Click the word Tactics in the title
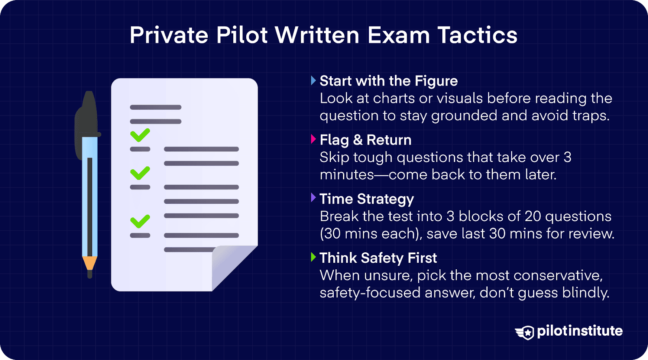click(x=477, y=35)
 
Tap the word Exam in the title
click(x=399, y=35)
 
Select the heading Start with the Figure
click(x=389, y=81)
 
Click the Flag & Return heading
click(x=365, y=140)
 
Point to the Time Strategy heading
click(x=367, y=199)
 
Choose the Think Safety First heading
click(x=378, y=258)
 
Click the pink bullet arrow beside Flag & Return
click(x=313, y=139)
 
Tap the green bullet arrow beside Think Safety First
click(x=313, y=257)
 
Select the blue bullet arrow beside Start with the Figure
click(x=313, y=80)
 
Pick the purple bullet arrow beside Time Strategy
click(x=313, y=198)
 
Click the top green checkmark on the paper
click(x=140, y=135)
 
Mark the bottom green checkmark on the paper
click(x=140, y=221)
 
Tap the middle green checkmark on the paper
click(x=140, y=173)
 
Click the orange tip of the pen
click(x=90, y=263)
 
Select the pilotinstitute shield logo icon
click(x=526, y=332)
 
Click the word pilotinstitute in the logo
click(x=580, y=331)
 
